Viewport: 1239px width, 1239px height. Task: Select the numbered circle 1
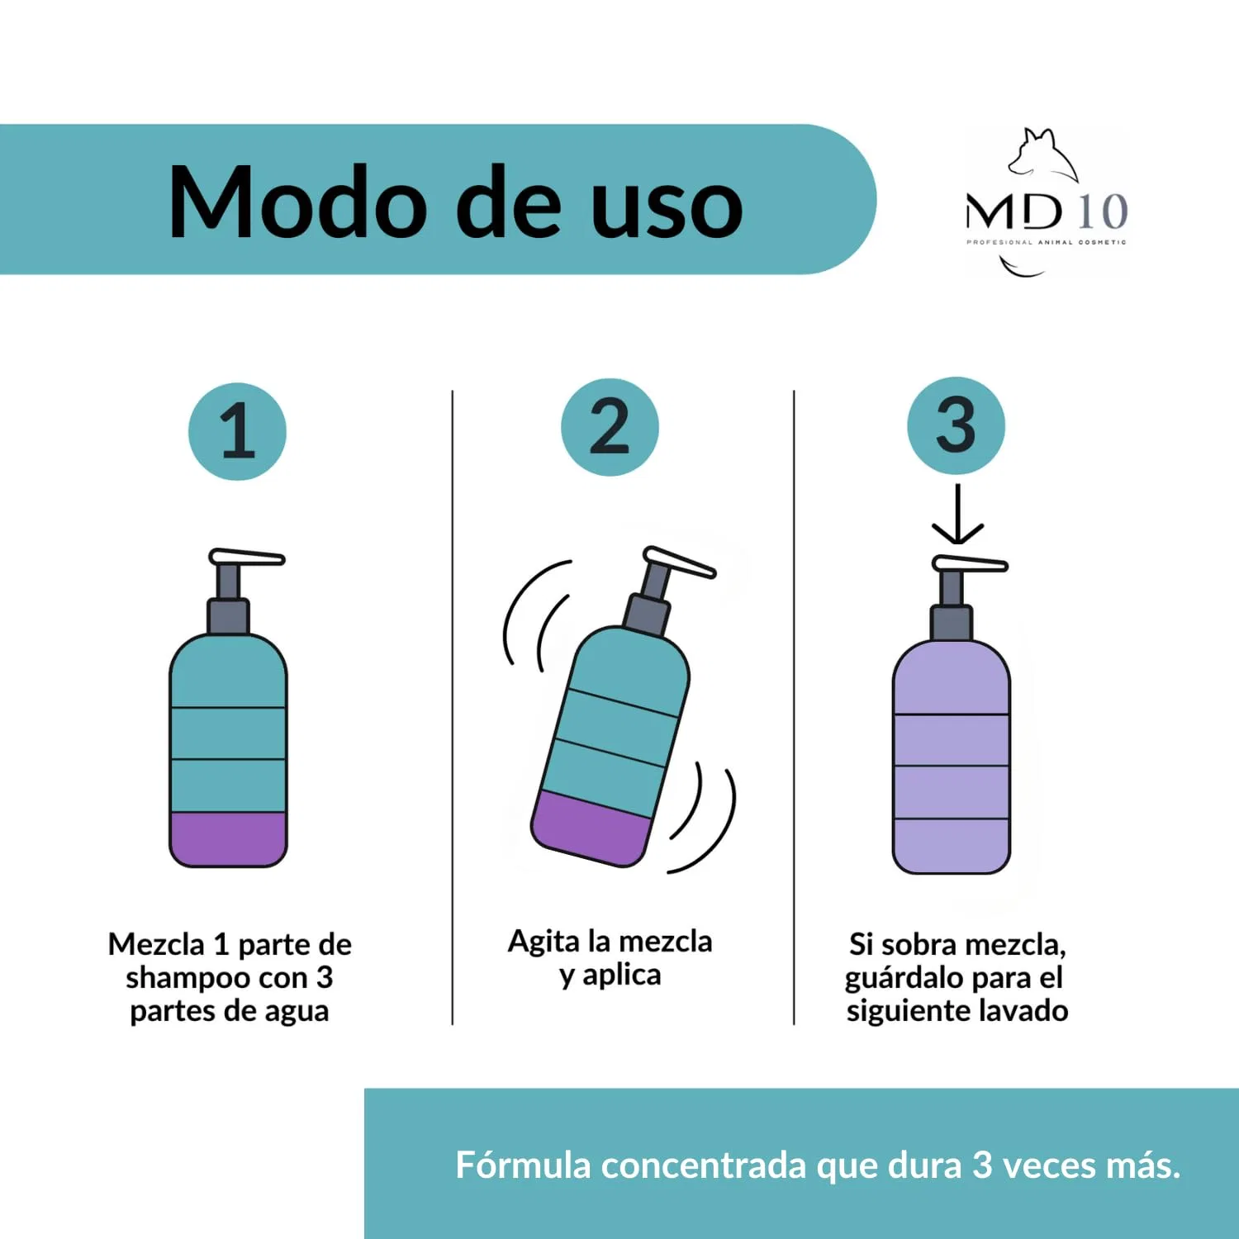237,431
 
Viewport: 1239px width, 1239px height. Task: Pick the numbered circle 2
610,427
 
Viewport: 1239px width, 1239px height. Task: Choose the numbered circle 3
956,425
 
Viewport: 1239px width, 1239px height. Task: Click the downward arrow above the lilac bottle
957,514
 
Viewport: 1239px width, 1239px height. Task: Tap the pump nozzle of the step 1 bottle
246,558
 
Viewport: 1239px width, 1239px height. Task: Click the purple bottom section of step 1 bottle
228,839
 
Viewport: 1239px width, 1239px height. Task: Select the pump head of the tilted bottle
679,563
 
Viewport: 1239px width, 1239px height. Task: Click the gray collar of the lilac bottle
952,623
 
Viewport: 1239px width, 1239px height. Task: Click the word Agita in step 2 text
544,942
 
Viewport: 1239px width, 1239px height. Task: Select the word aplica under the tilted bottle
622,976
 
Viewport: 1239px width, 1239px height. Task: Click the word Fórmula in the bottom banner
523,1165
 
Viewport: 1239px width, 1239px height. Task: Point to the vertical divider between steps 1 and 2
453,708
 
